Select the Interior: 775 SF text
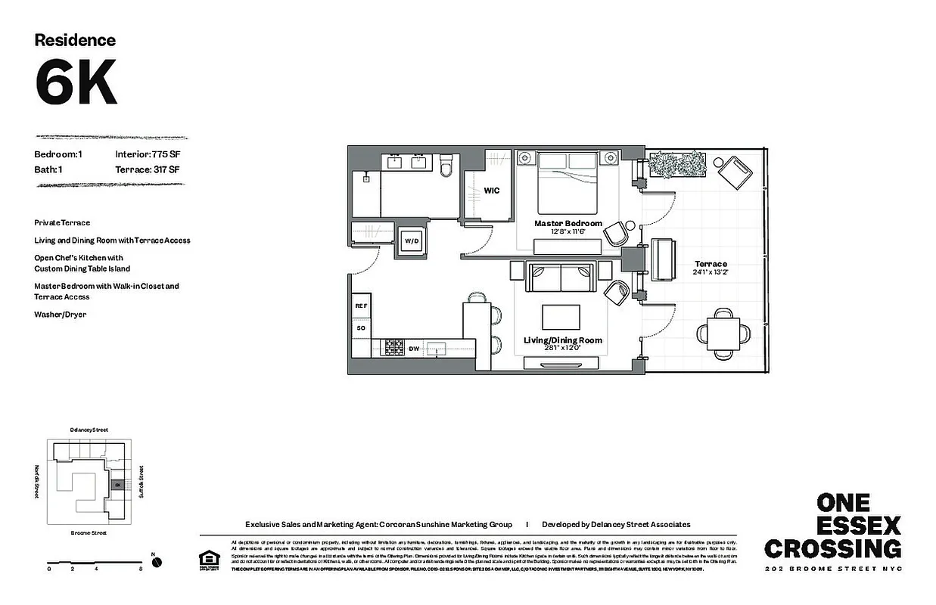pyautogui.click(x=148, y=154)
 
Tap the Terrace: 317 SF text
pyautogui.click(x=148, y=169)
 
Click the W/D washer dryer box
pyautogui.click(x=411, y=240)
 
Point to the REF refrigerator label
pyautogui.click(x=361, y=306)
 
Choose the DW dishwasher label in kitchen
pyautogui.click(x=414, y=349)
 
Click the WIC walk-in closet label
pyautogui.click(x=492, y=191)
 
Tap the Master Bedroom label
pyautogui.click(x=568, y=224)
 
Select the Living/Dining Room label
pyautogui.click(x=563, y=340)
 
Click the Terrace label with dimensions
pyautogui.click(x=711, y=268)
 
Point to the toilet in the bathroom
pyautogui.click(x=446, y=165)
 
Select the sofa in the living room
pyautogui.click(x=558, y=278)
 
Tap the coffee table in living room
pyautogui.click(x=561, y=316)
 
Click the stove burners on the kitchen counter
pyautogui.click(x=393, y=348)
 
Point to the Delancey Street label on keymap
pyautogui.click(x=89, y=430)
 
